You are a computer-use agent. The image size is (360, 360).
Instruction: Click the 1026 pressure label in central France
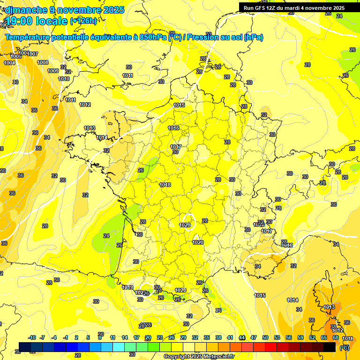coord(185,225)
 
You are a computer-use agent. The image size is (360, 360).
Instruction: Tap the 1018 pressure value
coord(165,185)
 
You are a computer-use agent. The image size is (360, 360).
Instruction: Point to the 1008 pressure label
coord(43,62)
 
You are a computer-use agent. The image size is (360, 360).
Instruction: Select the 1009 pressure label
coord(53,71)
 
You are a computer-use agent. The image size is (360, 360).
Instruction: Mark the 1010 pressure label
coord(64,79)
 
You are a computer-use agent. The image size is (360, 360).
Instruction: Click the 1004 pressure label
coord(9,63)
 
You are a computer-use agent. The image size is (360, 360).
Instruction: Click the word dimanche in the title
coord(22,10)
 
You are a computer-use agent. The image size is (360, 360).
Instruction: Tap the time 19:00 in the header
coord(22,21)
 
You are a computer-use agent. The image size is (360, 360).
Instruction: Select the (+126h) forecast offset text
coord(83,21)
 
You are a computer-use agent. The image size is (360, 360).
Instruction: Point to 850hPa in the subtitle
coord(153,37)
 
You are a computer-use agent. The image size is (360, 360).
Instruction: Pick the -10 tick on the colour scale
coord(32,337)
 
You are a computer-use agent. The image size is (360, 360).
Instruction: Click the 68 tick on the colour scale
coord(336,337)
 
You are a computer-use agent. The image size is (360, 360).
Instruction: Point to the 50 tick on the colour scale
coord(265,337)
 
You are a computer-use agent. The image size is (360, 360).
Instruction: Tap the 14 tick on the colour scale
coord(125,337)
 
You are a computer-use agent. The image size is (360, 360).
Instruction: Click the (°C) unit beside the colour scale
coord(345,347)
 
